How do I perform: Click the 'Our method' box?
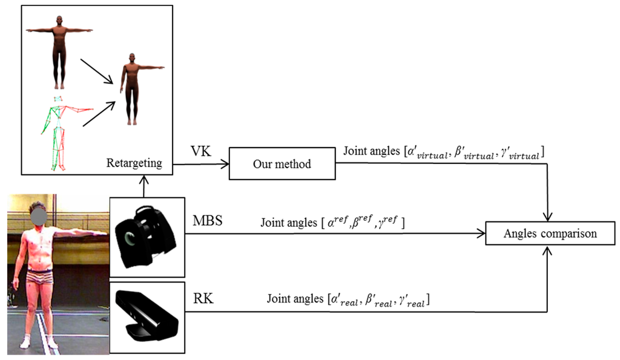[282, 163]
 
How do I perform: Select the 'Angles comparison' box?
[550, 233]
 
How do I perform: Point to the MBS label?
[207, 221]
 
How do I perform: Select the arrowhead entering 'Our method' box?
[225, 163]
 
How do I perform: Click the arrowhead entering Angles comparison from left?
[483, 232]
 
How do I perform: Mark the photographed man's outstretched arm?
[82, 232]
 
